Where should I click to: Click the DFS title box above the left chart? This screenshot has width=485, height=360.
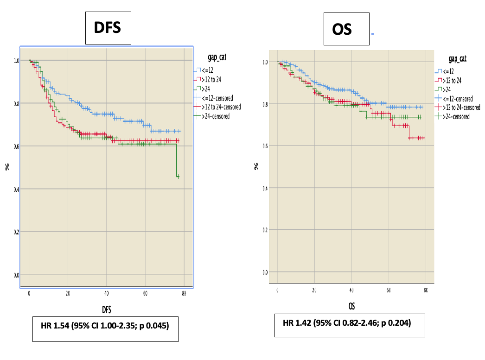coord(108,28)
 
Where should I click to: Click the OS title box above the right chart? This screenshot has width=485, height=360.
coord(346,29)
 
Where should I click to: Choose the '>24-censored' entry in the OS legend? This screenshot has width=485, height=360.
coord(456,116)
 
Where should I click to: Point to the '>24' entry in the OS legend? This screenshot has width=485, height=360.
coord(448,89)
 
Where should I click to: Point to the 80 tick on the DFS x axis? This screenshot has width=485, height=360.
coord(184,293)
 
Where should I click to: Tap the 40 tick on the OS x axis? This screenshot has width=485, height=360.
coord(351,290)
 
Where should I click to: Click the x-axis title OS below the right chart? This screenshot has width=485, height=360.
coord(351,305)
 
